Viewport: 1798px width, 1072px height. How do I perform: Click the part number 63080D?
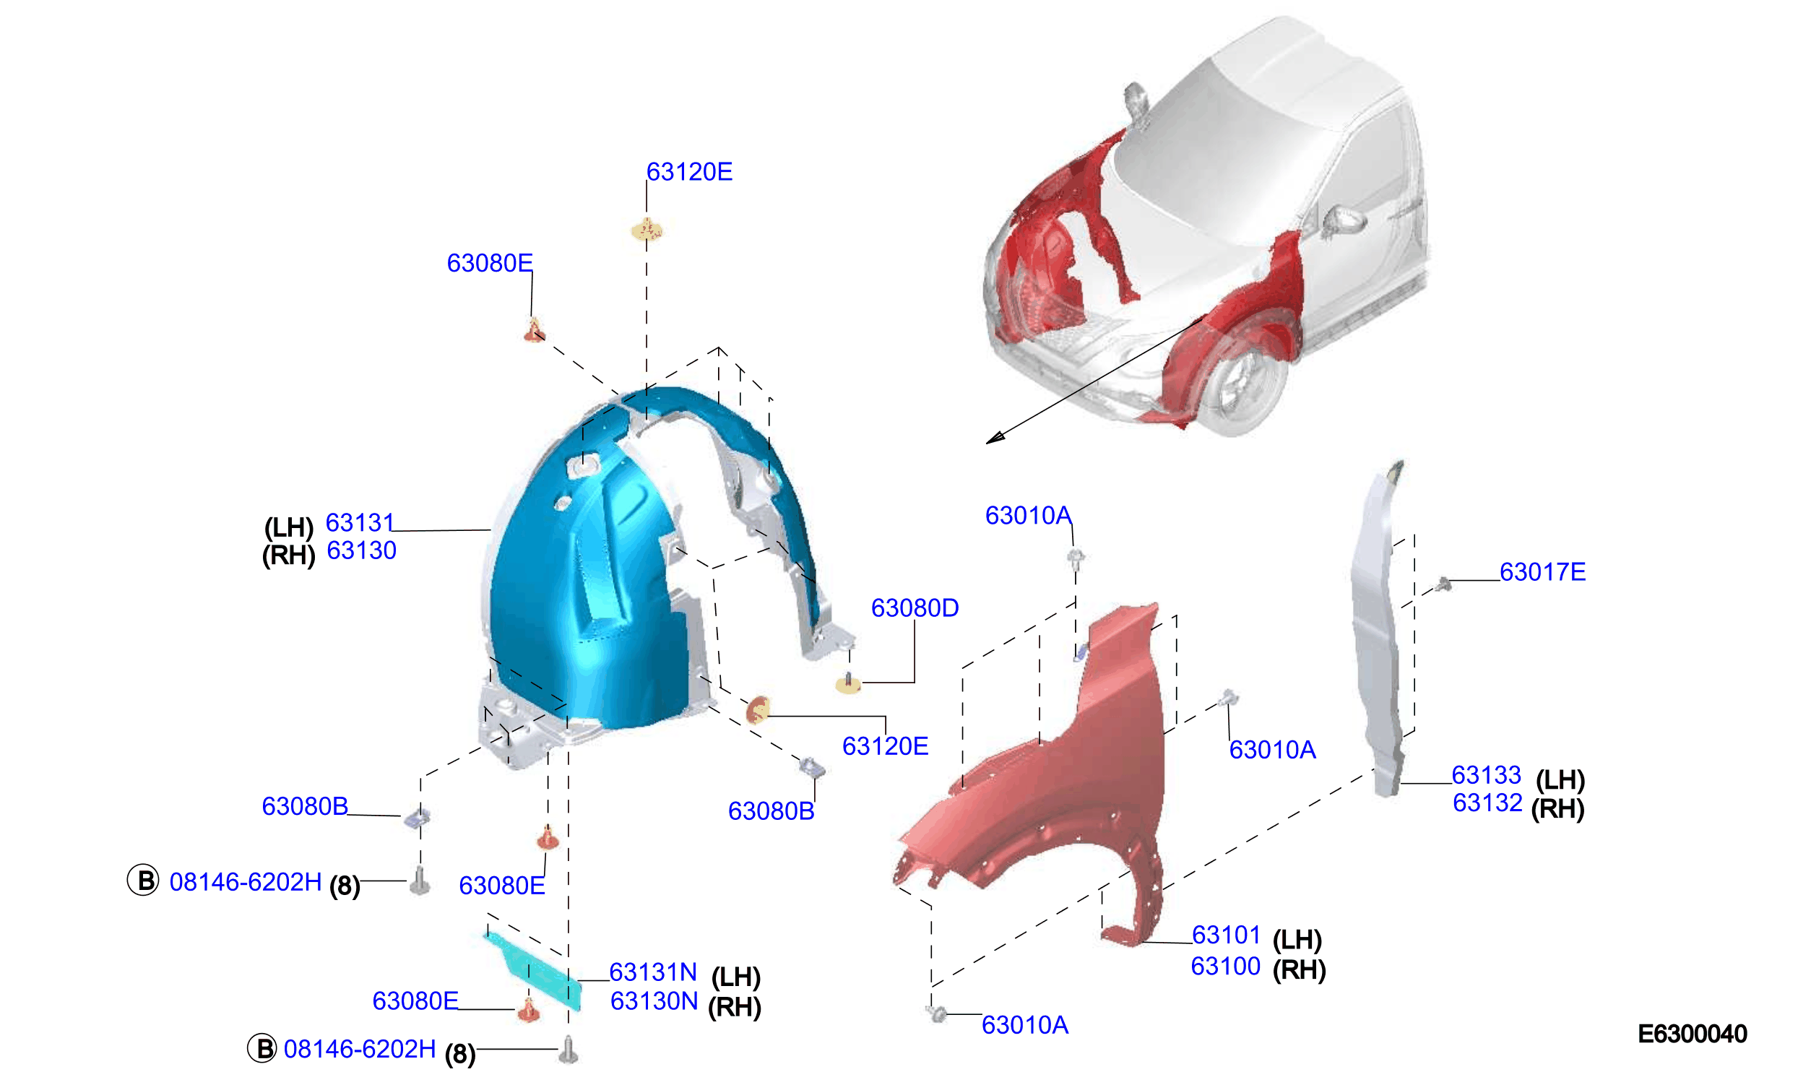point(915,608)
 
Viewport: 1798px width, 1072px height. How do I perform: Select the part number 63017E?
point(1542,572)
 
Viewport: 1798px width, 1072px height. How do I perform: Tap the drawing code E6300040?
point(1693,1034)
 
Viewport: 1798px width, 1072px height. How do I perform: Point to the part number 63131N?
point(653,972)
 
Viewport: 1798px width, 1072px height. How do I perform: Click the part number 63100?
point(1225,966)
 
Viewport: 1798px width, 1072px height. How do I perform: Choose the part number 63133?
point(1487,775)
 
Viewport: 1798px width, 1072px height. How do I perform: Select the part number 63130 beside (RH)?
point(361,550)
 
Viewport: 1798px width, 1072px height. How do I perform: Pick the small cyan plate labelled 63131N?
point(535,968)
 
